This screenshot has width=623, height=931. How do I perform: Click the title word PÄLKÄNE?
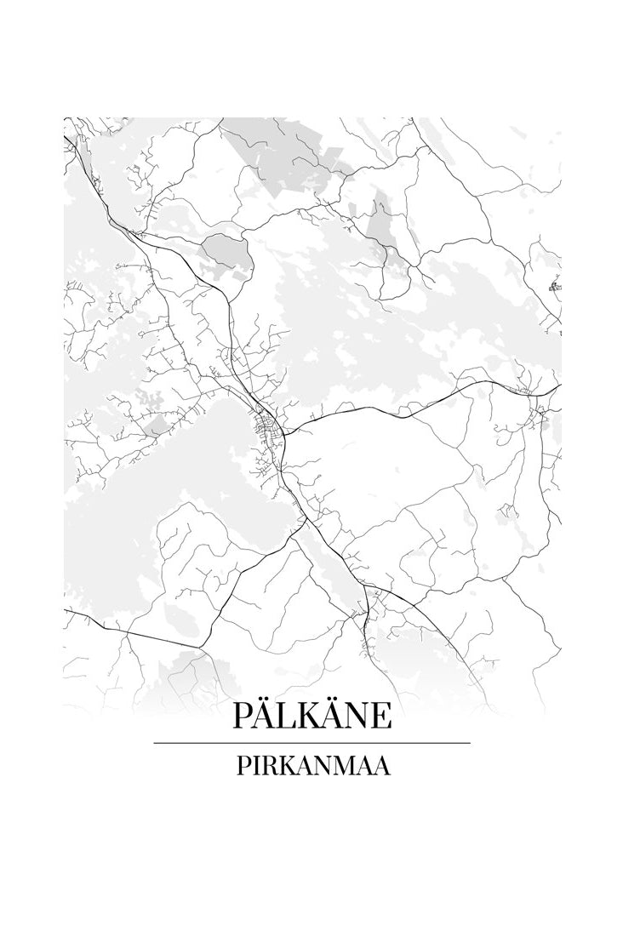point(311,715)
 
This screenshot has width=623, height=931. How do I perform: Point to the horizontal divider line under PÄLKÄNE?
point(311,743)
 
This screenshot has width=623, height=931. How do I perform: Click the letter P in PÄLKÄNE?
point(242,716)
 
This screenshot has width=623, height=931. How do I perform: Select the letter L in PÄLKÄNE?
point(287,716)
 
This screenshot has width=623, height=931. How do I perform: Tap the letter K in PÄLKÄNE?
point(310,716)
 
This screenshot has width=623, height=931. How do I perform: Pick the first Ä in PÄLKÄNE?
point(264,715)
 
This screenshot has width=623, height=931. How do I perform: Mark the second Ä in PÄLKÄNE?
point(334,715)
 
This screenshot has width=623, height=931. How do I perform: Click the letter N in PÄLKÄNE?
point(359,716)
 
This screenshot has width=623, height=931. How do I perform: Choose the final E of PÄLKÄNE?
point(382,716)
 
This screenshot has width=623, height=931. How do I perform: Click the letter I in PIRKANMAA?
point(253,767)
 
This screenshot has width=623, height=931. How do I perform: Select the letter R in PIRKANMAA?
point(266,767)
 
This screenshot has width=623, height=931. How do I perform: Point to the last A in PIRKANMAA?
point(382,767)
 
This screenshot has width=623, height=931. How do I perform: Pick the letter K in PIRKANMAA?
point(283,767)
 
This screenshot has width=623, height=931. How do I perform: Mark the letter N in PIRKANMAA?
point(318,767)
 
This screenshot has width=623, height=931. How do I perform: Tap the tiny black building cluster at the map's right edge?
point(555,287)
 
